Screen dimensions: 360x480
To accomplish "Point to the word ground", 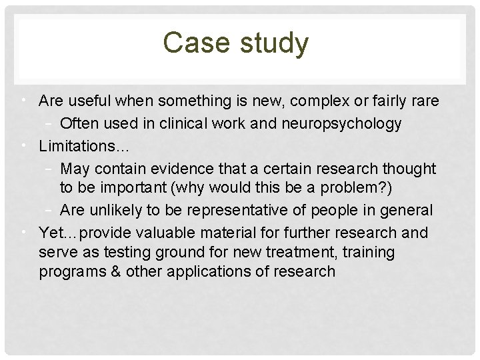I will [x=169, y=253].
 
